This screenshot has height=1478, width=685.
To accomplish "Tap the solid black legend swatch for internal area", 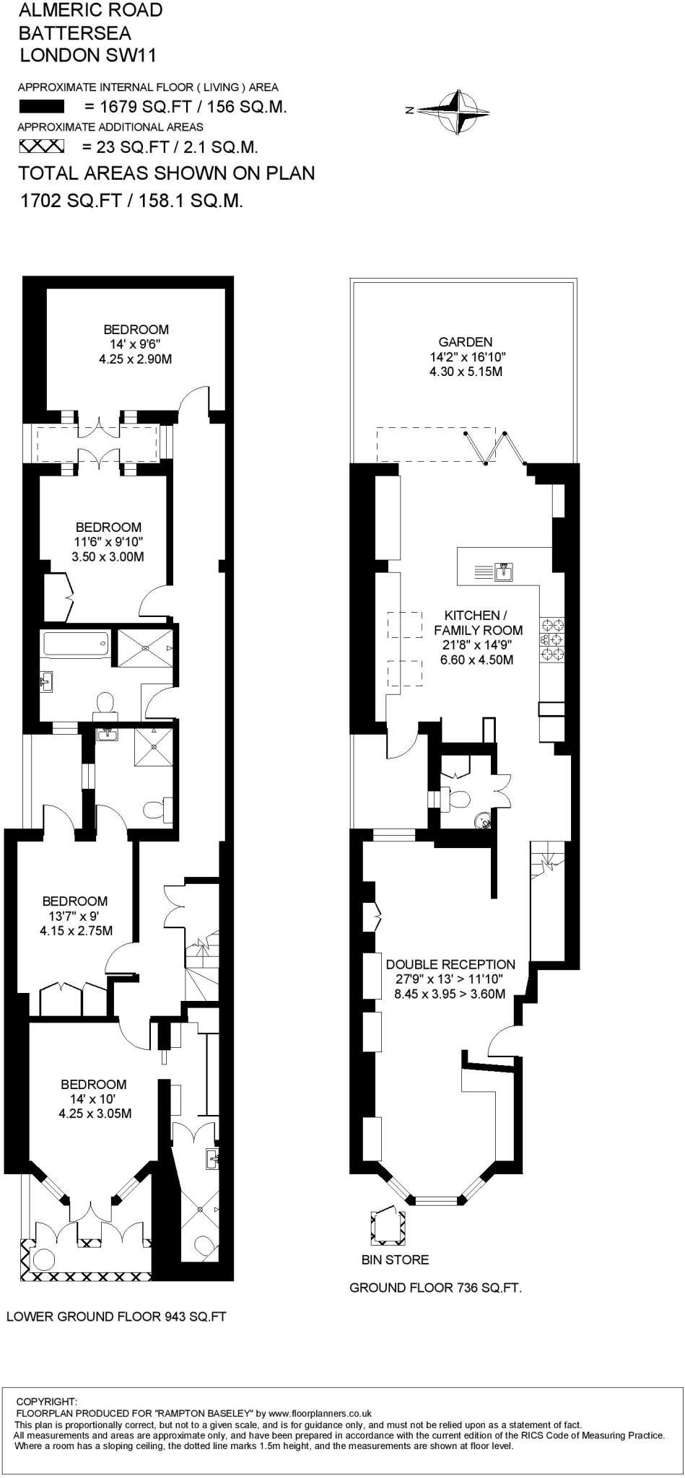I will point(41,108).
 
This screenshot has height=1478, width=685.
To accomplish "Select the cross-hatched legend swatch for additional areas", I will point(41,147).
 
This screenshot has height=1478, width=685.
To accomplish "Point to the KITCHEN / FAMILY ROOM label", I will point(476,623).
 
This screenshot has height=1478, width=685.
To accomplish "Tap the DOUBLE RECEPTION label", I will point(450,964).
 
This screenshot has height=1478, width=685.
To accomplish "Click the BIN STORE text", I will point(395,1259).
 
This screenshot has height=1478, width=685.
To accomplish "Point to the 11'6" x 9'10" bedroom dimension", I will point(108,542).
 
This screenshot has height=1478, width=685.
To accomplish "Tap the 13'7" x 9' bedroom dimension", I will point(74,916).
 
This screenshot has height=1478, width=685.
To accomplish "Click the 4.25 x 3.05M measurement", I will point(95,1114).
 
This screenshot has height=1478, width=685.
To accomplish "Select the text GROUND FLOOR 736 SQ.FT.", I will point(435,1287).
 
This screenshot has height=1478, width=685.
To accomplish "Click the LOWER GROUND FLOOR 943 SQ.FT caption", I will point(116,1316).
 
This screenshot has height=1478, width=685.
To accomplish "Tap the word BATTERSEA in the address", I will point(74,32).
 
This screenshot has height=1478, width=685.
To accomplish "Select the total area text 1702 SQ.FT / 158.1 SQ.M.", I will point(131,201).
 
